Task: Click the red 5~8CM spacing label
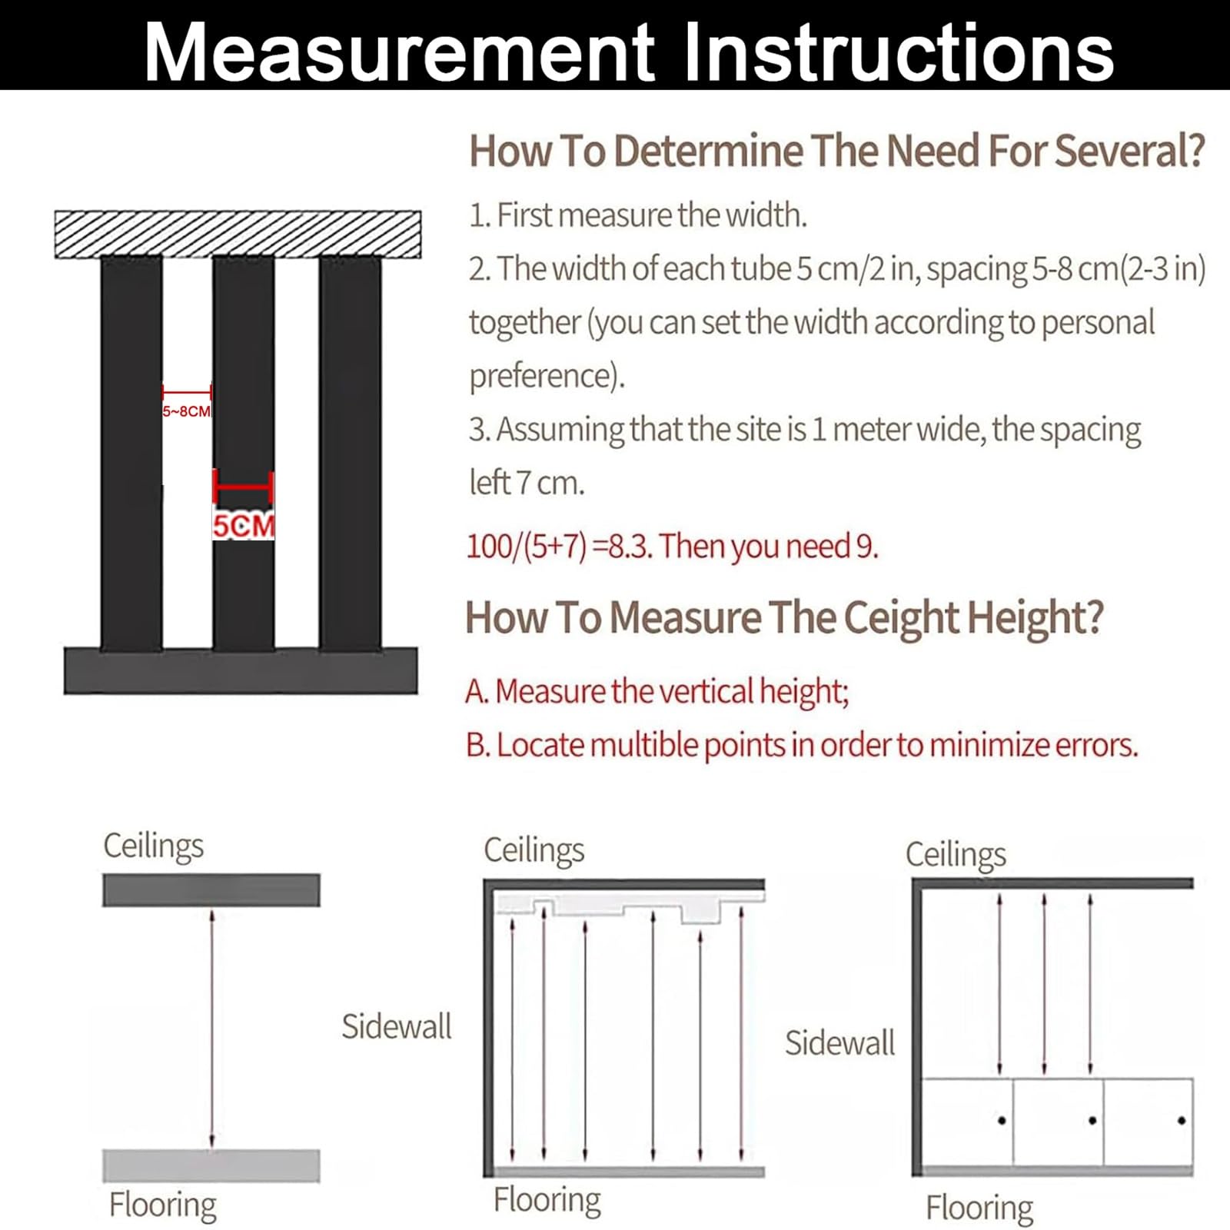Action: coord(186,411)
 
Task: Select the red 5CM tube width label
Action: coord(244,527)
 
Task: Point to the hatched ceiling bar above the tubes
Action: coord(238,234)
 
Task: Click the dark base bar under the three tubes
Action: coord(241,671)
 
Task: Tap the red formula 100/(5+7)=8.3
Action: coord(561,546)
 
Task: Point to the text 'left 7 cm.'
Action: coord(527,483)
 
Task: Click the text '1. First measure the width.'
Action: coord(639,215)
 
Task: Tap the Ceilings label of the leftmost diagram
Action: coord(154,846)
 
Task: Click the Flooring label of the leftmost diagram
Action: coord(163,1205)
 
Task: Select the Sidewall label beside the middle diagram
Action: coord(397,1026)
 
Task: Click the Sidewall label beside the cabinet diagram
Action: coord(840,1043)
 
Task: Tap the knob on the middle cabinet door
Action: coord(1092,1121)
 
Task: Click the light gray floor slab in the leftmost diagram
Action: coord(211,1165)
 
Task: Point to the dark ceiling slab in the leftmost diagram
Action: coord(211,890)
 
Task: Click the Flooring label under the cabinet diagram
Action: coord(979,1208)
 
